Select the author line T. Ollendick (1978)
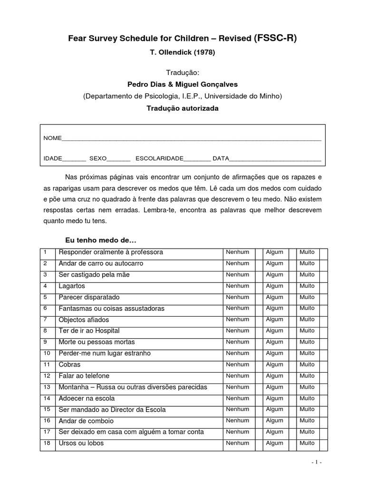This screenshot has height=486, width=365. click(x=182, y=53)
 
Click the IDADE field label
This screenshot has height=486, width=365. click(x=53, y=159)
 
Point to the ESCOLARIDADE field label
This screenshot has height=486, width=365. click(x=159, y=159)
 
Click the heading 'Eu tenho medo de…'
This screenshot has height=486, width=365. click(x=100, y=241)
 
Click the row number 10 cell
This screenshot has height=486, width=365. click(x=47, y=353)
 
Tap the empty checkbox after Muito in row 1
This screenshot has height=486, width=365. click(x=324, y=252)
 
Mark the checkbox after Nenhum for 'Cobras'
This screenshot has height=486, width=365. click(x=259, y=364)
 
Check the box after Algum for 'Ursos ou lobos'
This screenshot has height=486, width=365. click(x=291, y=443)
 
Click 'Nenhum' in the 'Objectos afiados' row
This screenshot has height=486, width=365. click(x=237, y=319)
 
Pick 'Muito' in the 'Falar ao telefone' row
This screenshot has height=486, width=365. click(x=307, y=376)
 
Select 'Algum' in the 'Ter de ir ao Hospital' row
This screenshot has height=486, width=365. click(x=274, y=331)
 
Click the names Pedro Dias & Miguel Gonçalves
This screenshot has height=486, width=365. click(x=182, y=84)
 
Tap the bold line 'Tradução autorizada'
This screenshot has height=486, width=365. click(x=182, y=108)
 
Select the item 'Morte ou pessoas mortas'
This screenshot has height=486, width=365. click(x=96, y=342)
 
